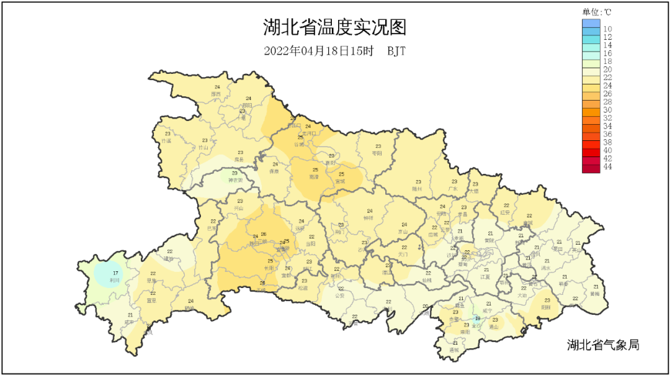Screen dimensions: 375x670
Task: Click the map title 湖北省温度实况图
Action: coord(334,28)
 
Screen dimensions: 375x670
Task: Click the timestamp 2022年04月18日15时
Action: coord(318,51)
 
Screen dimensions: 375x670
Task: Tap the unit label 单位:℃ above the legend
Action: coord(597,11)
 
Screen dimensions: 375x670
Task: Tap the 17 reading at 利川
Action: coord(115,273)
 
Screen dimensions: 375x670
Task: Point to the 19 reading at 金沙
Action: coord(476,319)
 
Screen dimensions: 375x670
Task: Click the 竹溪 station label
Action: coord(166,140)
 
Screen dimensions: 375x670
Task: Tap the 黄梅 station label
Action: coord(595,294)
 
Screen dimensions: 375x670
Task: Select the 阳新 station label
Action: coord(546,307)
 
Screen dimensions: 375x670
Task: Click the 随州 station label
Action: coord(417,188)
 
